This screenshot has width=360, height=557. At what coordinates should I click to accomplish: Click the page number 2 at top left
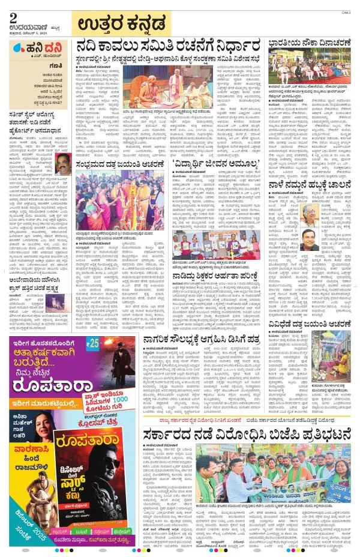(x=13, y=19)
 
